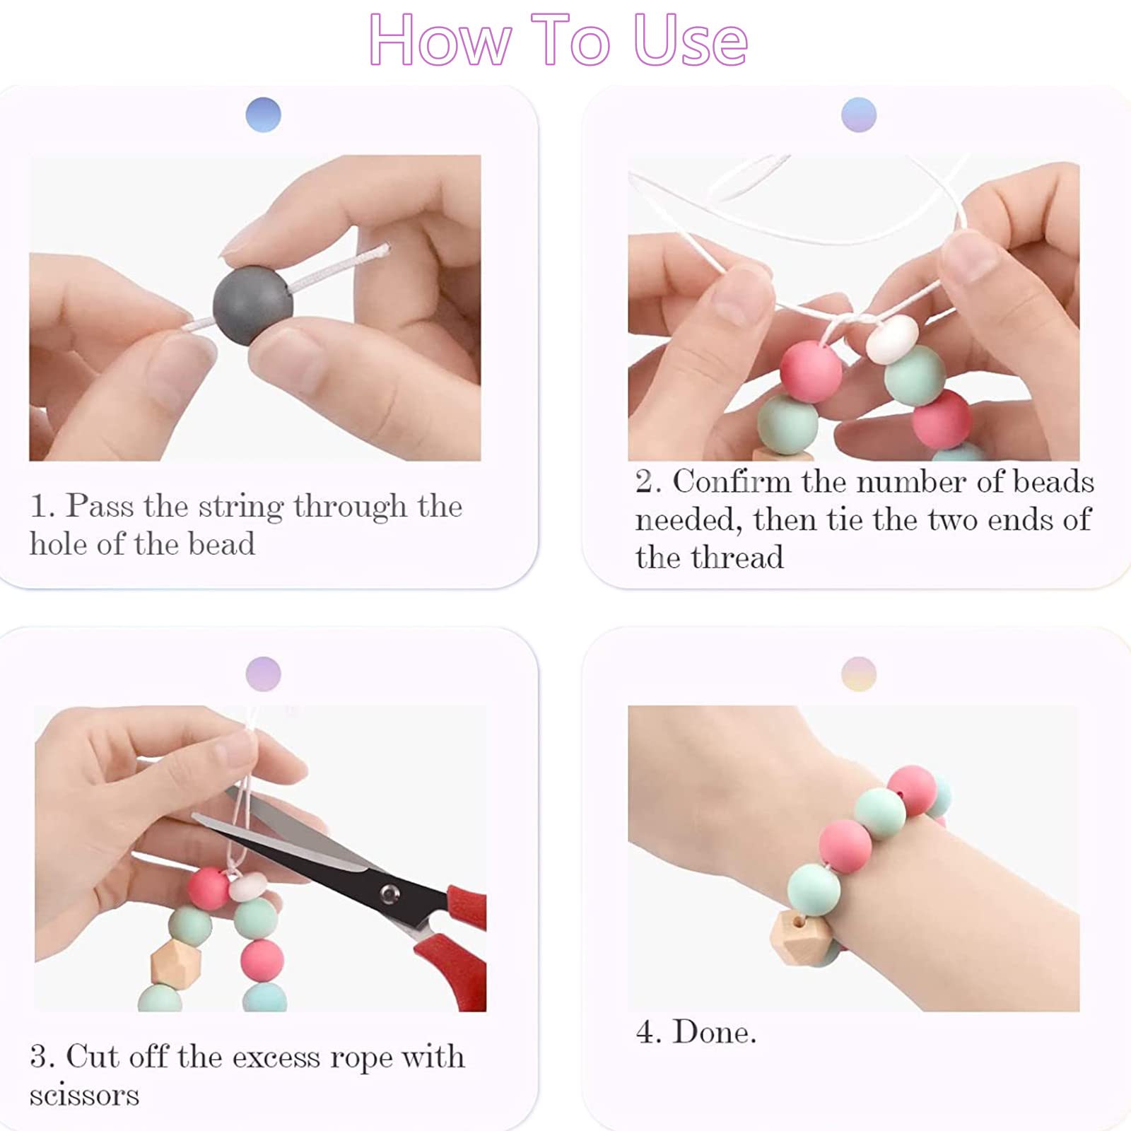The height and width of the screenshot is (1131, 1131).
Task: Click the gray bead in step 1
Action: pyautogui.click(x=253, y=305)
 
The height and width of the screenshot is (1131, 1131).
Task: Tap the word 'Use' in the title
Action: pyautogui.click(x=690, y=41)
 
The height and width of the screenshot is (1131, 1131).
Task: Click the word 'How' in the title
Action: pyautogui.click(x=440, y=41)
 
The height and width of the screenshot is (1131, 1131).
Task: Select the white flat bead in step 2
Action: pyautogui.click(x=892, y=339)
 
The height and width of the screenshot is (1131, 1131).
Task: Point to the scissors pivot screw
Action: pyautogui.click(x=388, y=893)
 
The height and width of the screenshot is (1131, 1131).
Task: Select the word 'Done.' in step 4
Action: pyautogui.click(x=714, y=1032)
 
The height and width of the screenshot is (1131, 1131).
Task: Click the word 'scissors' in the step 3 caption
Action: pyautogui.click(x=84, y=1095)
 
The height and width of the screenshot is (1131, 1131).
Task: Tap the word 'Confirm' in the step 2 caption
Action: pyautogui.click(x=731, y=482)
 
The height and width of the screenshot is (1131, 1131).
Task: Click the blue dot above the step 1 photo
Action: pyautogui.click(x=263, y=115)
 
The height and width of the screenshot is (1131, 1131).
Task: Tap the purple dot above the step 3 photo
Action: pyautogui.click(x=263, y=674)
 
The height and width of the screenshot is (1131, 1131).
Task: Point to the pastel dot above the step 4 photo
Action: pyautogui.click(x=858, y=674)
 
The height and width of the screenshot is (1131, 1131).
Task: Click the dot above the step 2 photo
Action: pyautogui.click(x=858, y=115)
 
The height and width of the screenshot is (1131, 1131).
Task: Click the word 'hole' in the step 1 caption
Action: pyautogui.click(x=58, y=544)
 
